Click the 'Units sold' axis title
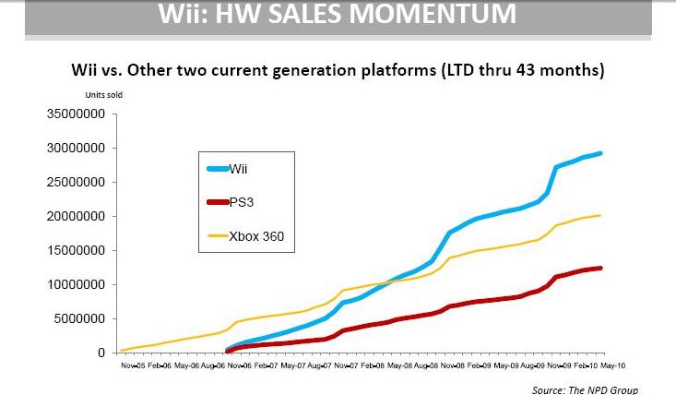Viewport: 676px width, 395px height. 104,94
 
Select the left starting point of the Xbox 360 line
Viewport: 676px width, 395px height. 122,351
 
